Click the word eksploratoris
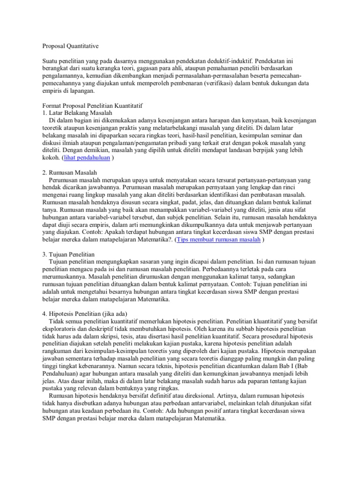[x=60, y=329]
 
